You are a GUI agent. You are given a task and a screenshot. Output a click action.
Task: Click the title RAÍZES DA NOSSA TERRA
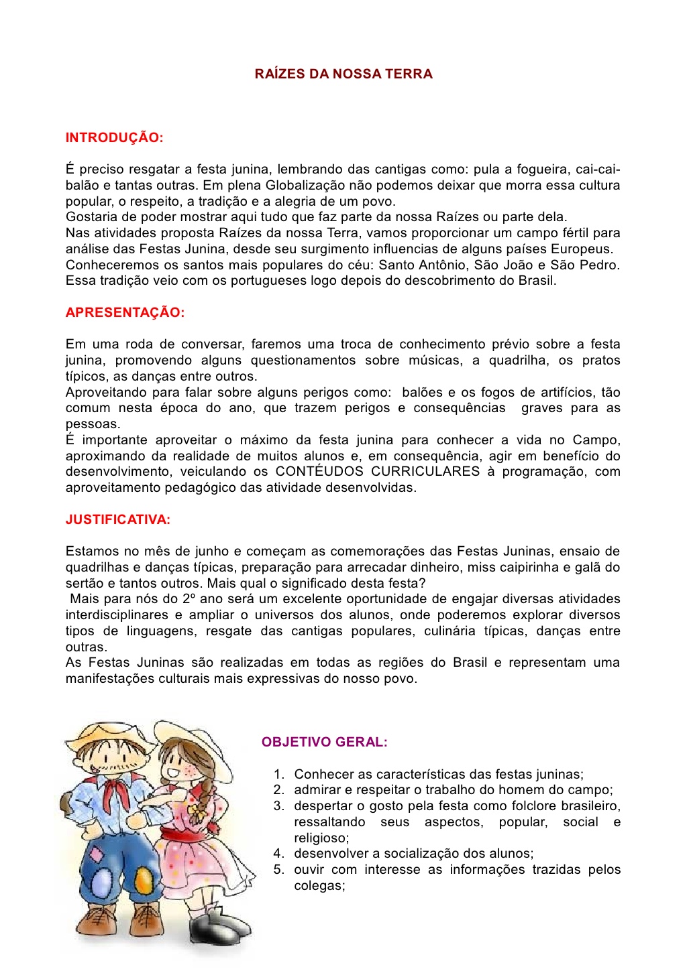point(343,74)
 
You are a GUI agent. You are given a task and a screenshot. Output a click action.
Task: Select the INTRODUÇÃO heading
point(114,138)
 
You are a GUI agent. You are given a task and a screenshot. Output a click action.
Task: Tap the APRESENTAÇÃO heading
point(125,312)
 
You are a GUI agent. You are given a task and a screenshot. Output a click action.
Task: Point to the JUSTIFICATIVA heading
point(118,519)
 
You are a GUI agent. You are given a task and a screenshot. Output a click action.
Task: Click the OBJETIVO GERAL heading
point(325,742)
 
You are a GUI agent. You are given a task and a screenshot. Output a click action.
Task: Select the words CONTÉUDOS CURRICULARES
point(378,472)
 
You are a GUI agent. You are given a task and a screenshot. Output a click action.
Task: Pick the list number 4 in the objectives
point(278,854)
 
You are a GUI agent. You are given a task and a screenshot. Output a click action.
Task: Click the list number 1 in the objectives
point(278,774)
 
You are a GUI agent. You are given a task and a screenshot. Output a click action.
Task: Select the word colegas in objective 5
point(319,885)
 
